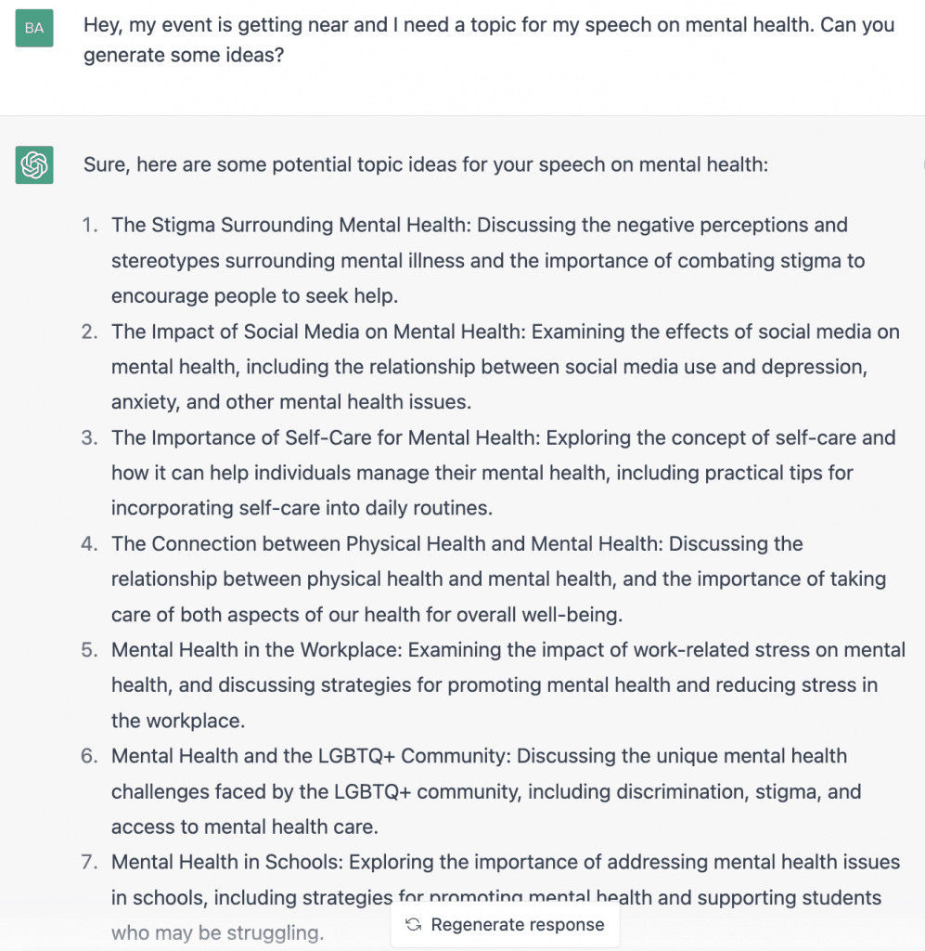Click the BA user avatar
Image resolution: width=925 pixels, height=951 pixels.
[34, 29]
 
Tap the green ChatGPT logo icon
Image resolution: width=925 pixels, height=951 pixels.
[34, 165]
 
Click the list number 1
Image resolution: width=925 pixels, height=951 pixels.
[89, 225]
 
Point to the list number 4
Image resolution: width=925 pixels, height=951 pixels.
[89, 543]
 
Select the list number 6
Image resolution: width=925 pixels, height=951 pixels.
[89, 756]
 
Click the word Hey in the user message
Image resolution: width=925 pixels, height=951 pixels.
[103, 25]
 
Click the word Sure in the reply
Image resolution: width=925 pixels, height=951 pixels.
[104, 165]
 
